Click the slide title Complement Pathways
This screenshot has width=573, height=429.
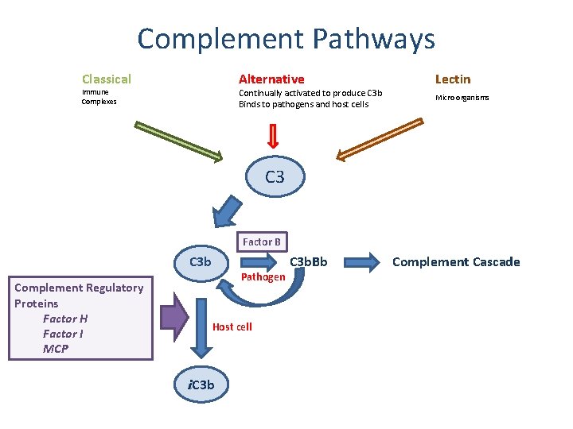coord(286,39)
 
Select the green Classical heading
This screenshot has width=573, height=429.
coord(107,79)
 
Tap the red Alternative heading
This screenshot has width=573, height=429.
coord(271,79)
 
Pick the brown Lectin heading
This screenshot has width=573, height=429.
coord(453,79)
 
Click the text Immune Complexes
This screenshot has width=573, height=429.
coord(99,97)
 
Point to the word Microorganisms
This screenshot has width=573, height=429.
coord(462,98)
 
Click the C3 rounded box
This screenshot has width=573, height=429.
coord(275,177)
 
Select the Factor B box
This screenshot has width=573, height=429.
coord(262,242)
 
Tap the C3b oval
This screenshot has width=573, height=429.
coord(200,262)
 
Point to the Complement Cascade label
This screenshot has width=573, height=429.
coord(456,262)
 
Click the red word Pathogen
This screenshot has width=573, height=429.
coord(263,277)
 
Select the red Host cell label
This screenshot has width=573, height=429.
coord(232,327)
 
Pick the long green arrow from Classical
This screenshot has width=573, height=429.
coord(179,141)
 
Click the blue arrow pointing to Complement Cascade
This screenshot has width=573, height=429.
coord(367,261)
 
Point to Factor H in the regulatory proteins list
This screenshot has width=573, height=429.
coord(65,319)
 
